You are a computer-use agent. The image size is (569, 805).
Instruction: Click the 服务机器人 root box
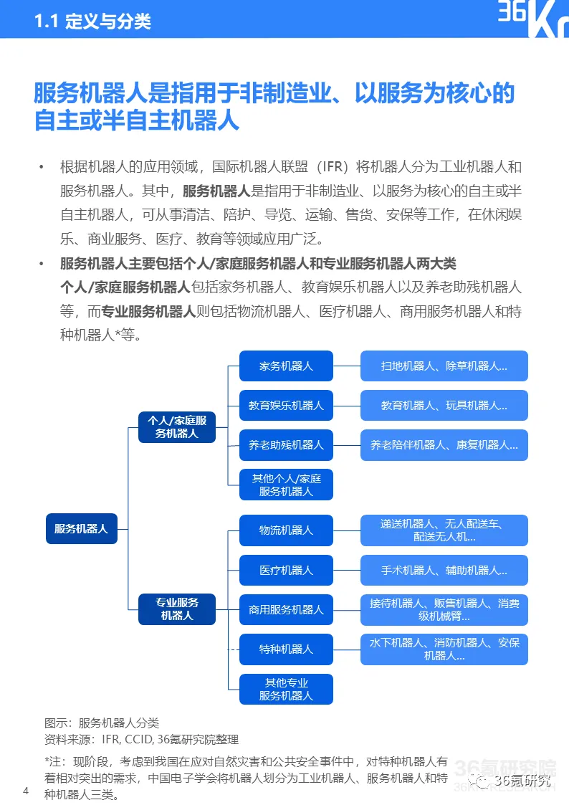click(81, 528)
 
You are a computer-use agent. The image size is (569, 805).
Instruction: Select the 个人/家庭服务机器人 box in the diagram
click(176, 427)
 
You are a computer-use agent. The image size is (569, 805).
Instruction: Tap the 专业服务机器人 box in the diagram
click(176, 609)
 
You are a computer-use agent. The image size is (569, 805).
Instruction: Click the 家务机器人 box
click(286, 366)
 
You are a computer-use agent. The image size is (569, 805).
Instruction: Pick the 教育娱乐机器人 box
click(286, 405)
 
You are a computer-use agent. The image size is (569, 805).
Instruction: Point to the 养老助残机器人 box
click(286, 444)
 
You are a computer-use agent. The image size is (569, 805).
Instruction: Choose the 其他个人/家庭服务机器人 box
click(286, 485)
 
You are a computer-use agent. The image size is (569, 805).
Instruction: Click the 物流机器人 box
click(286, 530)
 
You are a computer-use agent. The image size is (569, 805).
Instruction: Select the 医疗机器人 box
click(286, 570)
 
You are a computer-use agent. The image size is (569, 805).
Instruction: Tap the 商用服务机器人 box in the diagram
click(286, 609)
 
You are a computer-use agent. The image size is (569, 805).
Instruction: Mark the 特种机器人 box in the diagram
click(286, 649)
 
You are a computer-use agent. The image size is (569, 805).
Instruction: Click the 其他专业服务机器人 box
click(286, 689)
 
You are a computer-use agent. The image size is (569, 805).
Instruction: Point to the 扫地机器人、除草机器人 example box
click(444, 366)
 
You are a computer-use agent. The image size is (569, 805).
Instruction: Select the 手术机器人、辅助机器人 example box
click(444, 570)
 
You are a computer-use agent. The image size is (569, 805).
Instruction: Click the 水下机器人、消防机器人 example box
click(444, 649)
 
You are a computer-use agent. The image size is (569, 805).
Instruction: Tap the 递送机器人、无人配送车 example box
click(444, 530)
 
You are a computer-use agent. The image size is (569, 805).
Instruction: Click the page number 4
click(26, 791)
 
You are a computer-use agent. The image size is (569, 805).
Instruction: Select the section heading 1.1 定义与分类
click(92, 22)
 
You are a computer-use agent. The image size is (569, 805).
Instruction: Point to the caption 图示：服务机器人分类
click(102, 723)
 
